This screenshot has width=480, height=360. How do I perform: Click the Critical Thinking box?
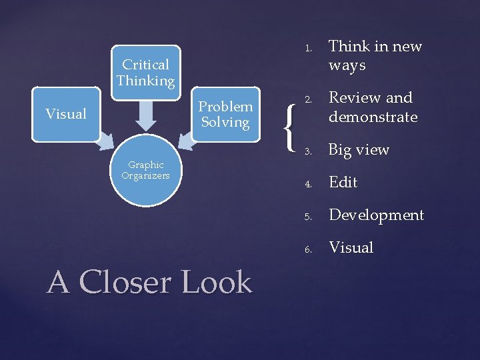tap(145, 73)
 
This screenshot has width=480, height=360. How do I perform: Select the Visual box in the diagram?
tap(65, 114)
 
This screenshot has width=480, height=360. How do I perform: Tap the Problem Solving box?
tap(225, 114)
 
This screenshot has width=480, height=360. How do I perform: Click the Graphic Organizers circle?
tap(145, 171)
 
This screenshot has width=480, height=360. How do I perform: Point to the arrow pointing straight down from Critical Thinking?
tap(145, 116)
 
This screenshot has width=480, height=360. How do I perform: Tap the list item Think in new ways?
tap(375, 55)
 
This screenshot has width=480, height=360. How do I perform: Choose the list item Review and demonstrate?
tap(373, 107)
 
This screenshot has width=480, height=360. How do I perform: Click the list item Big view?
tap(359, 150)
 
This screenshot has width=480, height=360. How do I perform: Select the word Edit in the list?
tap(343, 182)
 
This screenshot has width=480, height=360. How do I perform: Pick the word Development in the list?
tap(376, 215)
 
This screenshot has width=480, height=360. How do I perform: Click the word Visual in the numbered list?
tap(351, 247)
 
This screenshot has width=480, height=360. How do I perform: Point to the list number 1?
tap(308, 48)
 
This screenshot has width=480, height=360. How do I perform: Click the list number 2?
tap(308, 99)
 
